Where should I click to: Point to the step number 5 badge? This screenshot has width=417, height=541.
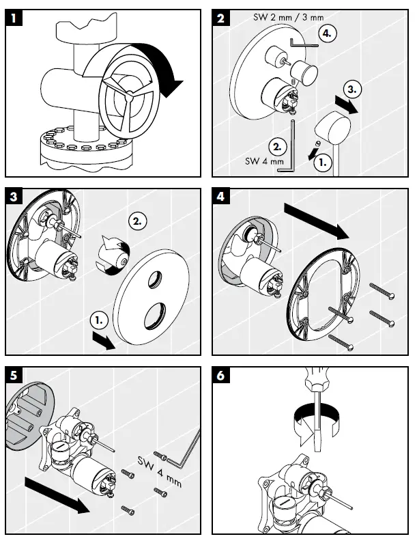point(13,375)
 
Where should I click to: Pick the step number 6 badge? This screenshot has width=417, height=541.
point(220,375)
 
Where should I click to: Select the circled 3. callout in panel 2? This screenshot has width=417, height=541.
point(349,89)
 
